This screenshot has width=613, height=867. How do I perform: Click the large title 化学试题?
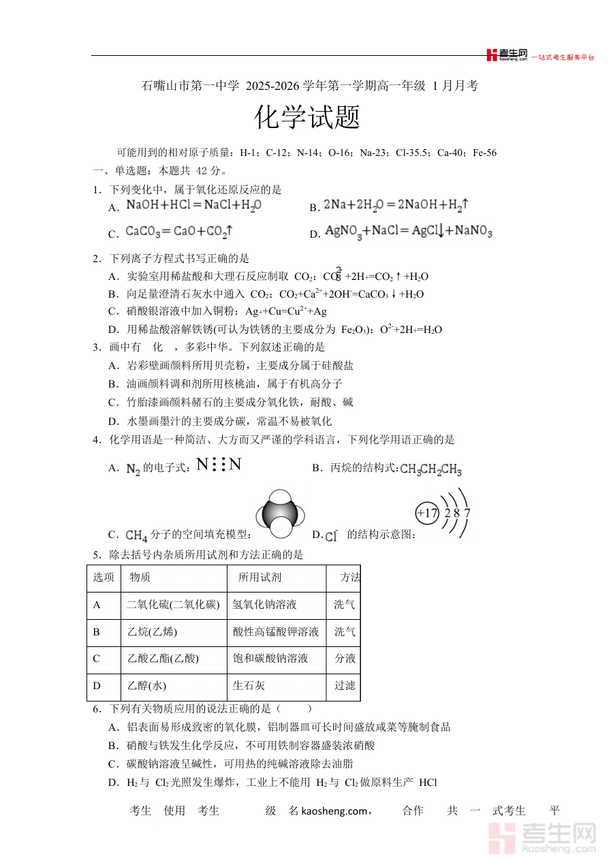point(307,118)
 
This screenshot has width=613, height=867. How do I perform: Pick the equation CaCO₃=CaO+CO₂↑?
point(179,232)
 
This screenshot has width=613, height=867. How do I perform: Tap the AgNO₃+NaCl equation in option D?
point(409,232)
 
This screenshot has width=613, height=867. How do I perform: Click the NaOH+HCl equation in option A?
point(194,205)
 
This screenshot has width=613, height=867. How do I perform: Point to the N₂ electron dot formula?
point(219,465)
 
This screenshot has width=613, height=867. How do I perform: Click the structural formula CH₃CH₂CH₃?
point(431,470)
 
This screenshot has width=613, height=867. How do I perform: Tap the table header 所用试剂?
point(260,578)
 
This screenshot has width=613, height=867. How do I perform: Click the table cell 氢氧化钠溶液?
point(264,605)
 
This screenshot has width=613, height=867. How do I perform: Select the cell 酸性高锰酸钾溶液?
point(275,632)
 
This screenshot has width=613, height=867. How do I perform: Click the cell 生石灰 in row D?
point(249,686)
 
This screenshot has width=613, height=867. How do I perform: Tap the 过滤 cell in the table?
point(345,686)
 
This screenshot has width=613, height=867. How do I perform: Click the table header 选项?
point(104,578)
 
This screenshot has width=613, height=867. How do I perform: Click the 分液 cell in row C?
point(345,659)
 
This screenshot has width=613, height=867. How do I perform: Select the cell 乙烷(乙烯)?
point(152,632)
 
